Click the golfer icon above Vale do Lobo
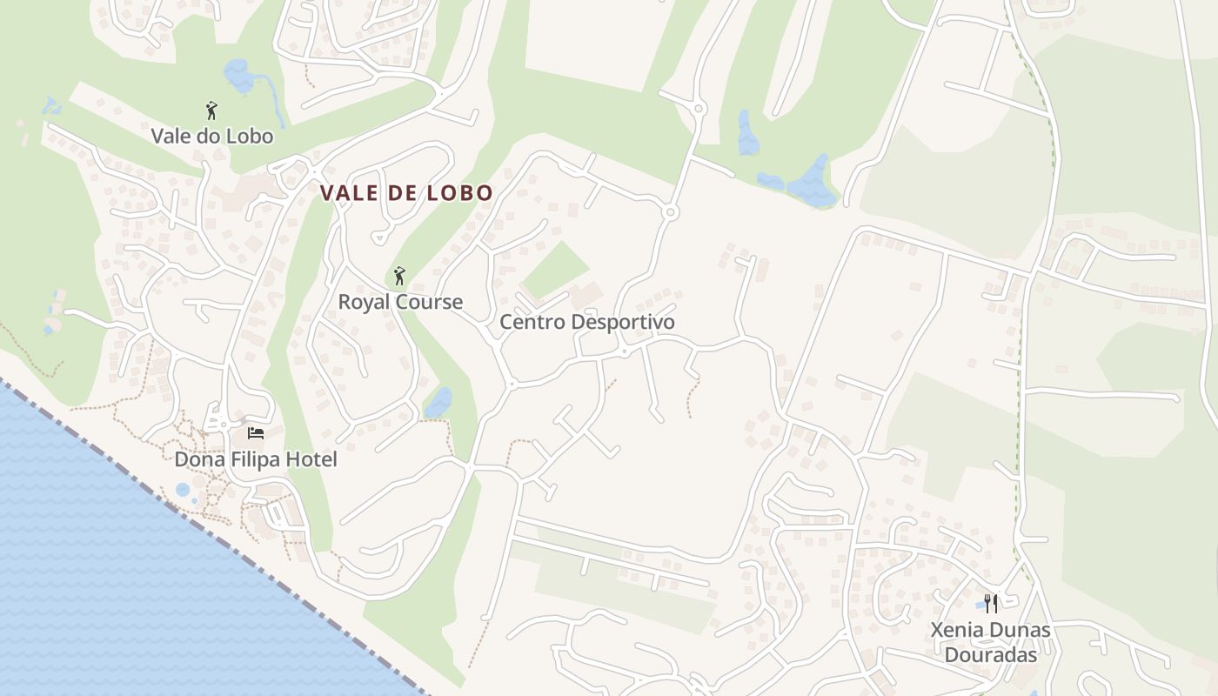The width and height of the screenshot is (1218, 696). coord(211,110)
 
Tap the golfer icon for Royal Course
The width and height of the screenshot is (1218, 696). coord(399,276)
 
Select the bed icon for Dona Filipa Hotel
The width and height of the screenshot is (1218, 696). coord(255,432)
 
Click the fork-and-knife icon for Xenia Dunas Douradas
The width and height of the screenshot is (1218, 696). coord(991,603)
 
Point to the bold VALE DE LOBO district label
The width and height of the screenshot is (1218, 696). coord(406,193)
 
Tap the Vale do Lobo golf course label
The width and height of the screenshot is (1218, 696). coord(211,136)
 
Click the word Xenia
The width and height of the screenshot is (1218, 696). coord(956,629)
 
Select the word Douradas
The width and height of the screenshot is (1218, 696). coord(991,654)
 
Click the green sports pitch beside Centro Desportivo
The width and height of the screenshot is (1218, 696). coord(555,270)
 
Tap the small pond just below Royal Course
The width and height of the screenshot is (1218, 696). coord(438,403)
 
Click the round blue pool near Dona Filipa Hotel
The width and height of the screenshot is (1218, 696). coord(183,490)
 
